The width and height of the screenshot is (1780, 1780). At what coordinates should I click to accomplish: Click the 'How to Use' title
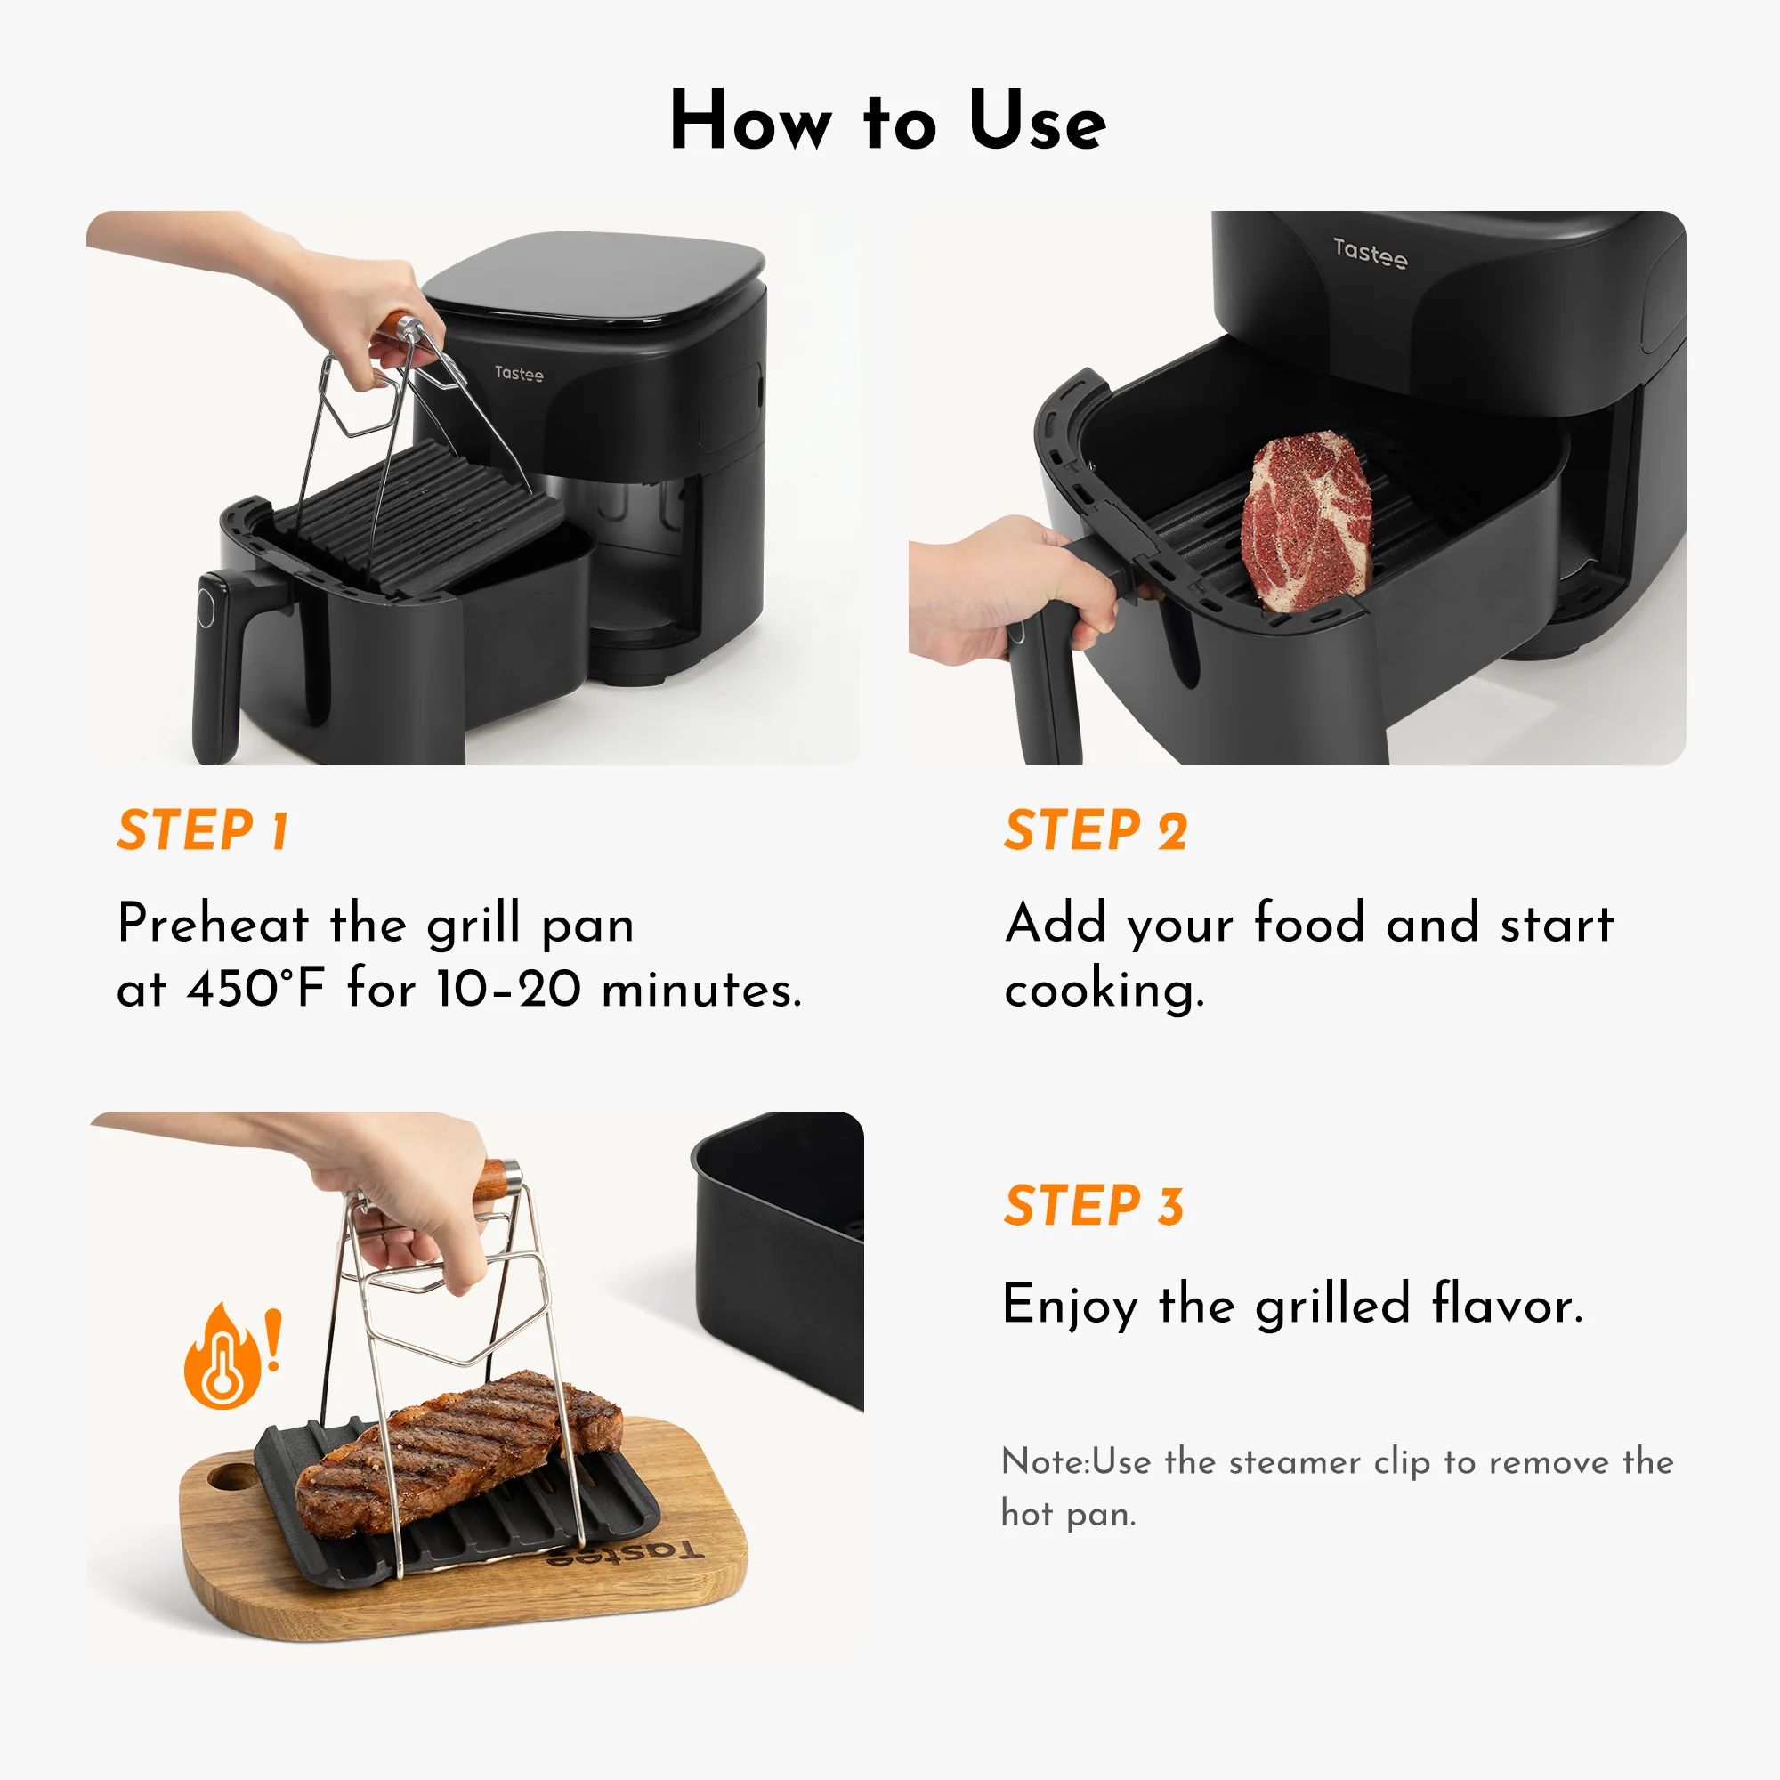pos(888,121)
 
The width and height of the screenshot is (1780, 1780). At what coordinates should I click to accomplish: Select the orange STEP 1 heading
pos(204,830)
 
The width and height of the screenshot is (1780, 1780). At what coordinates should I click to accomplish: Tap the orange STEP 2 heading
pos(1096,830)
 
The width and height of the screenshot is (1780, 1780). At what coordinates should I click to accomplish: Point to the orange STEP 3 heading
pos(1094,1205)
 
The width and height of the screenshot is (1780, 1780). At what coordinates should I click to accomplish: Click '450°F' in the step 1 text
pos(256,990)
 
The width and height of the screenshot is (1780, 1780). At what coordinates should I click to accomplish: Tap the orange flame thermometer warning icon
pos(224,1358)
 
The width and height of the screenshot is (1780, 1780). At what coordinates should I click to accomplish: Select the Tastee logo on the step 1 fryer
pos(519,373)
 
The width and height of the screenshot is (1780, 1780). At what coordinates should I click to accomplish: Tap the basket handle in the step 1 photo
pos(219,663)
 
